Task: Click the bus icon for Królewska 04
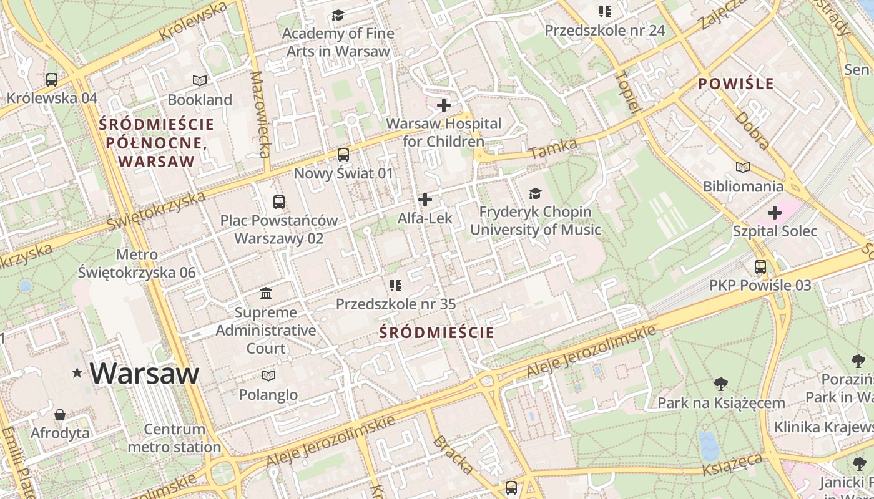52,80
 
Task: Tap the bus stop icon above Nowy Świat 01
343,155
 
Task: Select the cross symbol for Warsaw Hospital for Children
444,105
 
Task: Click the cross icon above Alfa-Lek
425,200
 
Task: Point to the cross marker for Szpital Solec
775,213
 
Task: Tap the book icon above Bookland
200,80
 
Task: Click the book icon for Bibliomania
743,167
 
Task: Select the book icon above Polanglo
268,375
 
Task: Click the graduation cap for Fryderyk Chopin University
535,193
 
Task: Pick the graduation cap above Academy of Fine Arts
338,15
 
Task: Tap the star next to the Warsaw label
77,373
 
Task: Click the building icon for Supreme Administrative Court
266,293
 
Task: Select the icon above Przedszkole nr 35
395,286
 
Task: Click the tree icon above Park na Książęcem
721,384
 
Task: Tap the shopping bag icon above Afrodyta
60,415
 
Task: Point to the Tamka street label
553,148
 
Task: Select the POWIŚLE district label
736,84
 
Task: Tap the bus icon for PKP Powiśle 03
760,267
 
